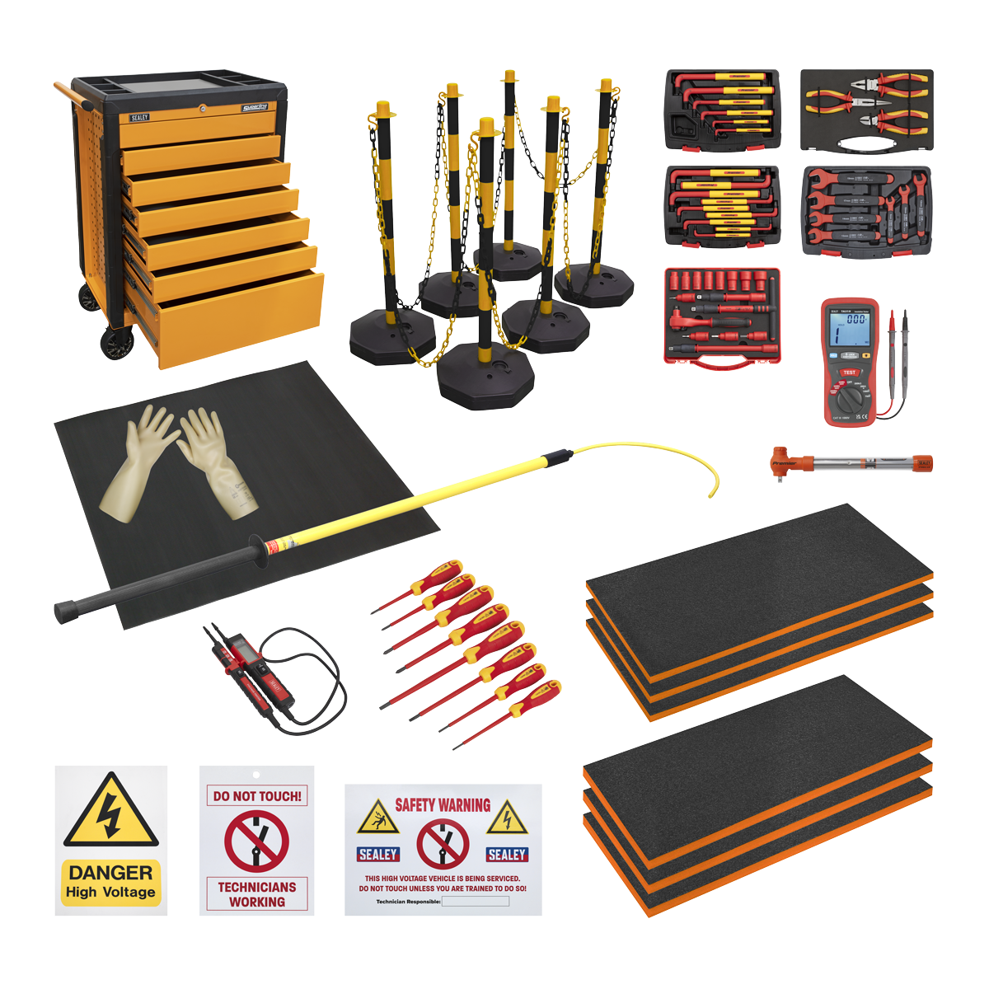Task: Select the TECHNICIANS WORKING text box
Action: [x=257, y=894]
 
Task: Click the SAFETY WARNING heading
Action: [x=443, y=805]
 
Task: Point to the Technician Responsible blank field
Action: [x=475, y=902]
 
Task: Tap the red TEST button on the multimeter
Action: [x=849, y=373]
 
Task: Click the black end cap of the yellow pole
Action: [x=65, y=612]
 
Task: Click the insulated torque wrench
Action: [x=849, y=466]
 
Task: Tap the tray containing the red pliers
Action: [x=865, y=110]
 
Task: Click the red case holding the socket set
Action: [x=722, y=317]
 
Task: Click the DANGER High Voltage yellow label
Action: [x=111, y=883]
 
